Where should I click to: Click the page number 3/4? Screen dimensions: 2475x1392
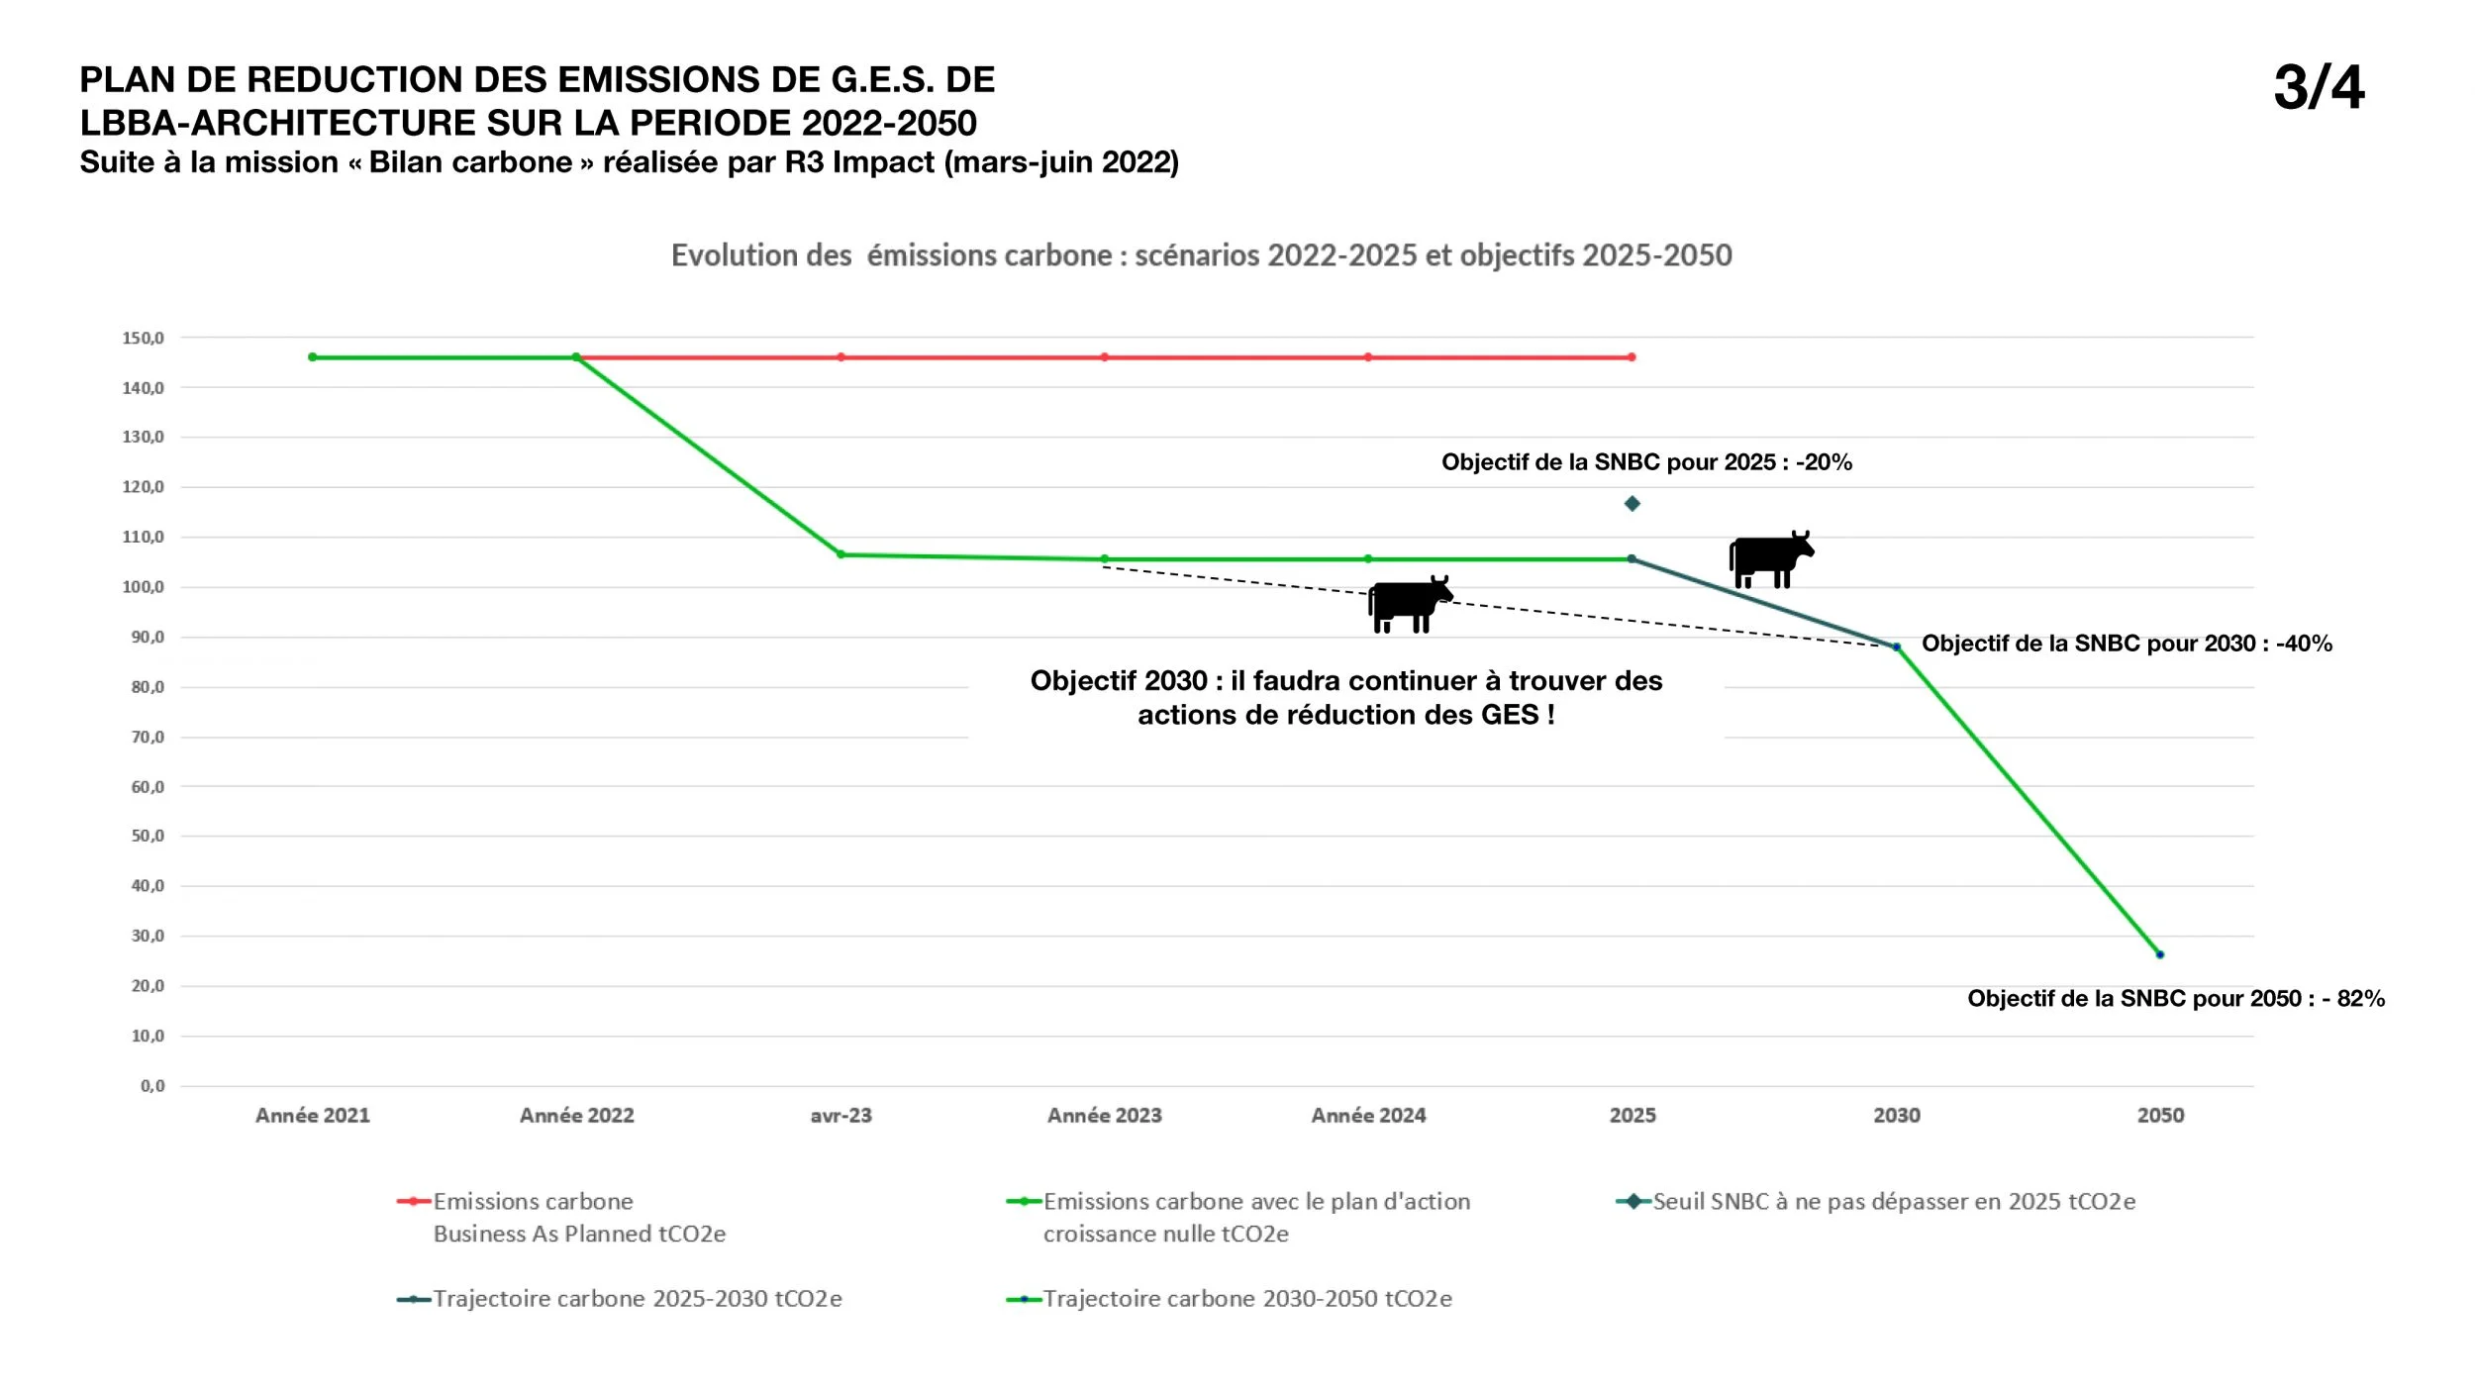(2319, 87)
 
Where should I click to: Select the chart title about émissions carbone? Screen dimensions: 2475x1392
(1202, 255)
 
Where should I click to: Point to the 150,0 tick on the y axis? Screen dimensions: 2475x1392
(143, 338)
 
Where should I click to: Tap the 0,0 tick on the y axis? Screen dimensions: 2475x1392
(152, 1086)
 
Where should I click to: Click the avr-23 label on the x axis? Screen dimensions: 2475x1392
(841, 1116)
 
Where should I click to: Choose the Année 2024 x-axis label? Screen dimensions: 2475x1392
(1368, 1116)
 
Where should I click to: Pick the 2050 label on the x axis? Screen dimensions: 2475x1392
(2160, 1116)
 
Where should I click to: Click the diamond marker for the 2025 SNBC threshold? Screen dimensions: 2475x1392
(1633, 504)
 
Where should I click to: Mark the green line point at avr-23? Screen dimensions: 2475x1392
(841, 554)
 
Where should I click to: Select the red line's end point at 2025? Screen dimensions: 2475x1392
(1632, 357)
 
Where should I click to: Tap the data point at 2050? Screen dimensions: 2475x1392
(2160, 954)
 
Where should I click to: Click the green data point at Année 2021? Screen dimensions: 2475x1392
(313, 357)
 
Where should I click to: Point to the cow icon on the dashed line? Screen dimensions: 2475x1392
(1410, 603)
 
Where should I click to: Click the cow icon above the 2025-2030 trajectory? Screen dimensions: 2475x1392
(1771, 559)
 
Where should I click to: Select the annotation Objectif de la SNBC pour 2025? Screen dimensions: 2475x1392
(1646, 462)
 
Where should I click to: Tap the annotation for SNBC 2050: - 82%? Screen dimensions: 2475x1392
(2176, 998)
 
